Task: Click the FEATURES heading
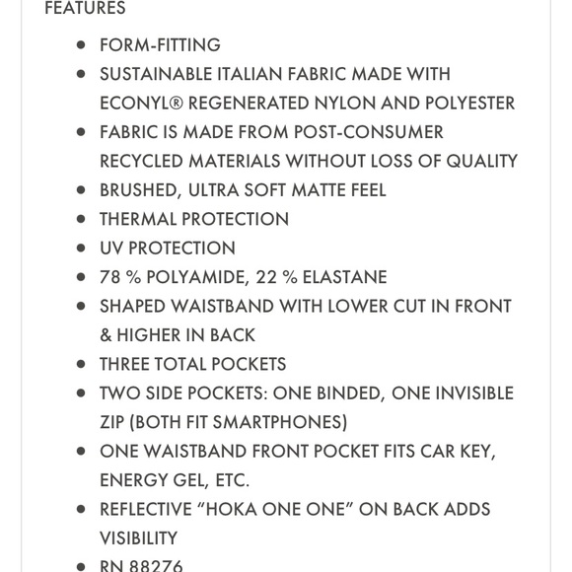click(86, 9)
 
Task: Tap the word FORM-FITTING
click(160, 45)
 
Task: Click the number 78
click(110, 277)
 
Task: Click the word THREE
click(129, 365)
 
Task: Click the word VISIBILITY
click(138, 538)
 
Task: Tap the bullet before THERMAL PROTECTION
click(82, 219)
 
